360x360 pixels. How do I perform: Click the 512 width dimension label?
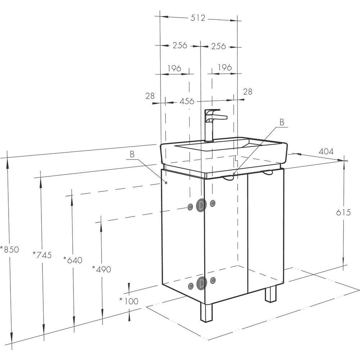pos(198,18)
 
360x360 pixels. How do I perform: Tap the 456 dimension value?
pos(186,101)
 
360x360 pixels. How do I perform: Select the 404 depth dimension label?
pos(326,151)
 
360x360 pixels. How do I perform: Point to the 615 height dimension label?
pos(343,212)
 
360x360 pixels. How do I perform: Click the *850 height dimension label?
pos(9,249)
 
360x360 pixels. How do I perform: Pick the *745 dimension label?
pos(42,255)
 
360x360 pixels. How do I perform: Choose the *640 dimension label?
pos(73,260)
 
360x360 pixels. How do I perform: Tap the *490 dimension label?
pos(102,269)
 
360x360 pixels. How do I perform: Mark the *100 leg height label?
pos(129,301)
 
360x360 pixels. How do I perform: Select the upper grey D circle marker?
pos(201,205)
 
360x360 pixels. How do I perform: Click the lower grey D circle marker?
pos(201,284)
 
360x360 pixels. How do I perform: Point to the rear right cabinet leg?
pos(270,293)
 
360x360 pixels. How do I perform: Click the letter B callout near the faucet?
pos(282,122)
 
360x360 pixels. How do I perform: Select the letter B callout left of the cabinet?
pos(132,154)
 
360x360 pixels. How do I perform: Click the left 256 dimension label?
pos(180,45)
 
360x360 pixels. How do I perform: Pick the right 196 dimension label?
pos(225,67)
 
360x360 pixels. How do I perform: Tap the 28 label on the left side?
pos(150,96)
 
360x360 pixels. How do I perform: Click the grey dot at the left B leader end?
pos(166,183)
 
